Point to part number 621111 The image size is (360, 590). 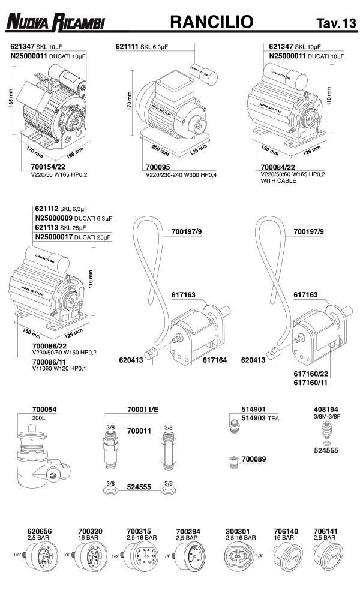tap(127, 46)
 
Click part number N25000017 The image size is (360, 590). tap(55, 237)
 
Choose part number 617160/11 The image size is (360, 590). tap(310, 380)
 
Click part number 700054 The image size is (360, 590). tap(44, 409)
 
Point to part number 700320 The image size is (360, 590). tap(90, 531)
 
